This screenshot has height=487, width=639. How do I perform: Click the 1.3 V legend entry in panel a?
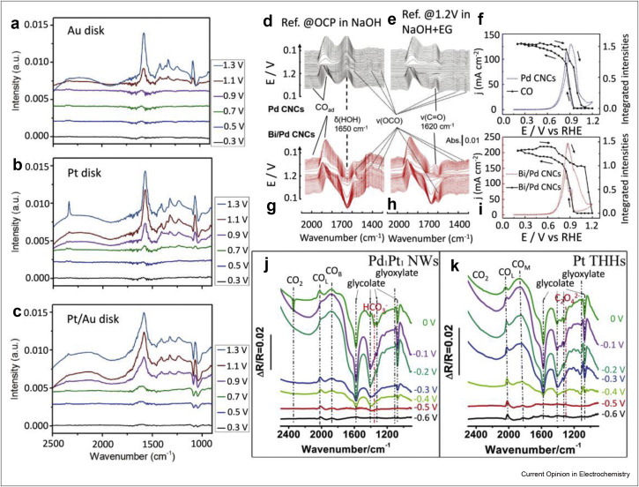[230, 63]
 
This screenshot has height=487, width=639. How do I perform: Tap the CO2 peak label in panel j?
[294, 283]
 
